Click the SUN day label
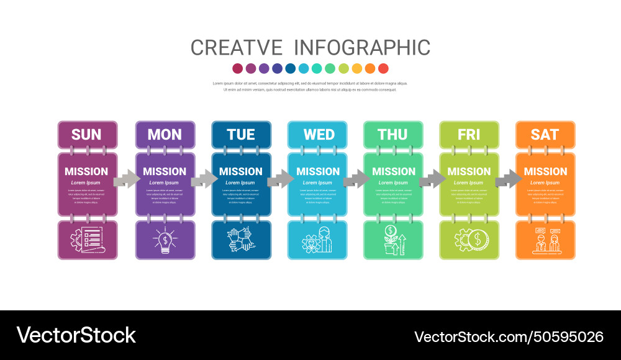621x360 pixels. (x=86, y=135)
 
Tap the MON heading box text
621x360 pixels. (x=165, y=135)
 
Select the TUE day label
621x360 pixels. (x=241, y=135)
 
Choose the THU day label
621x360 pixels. (x=392, y=135)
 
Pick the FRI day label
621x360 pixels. (x=469, y=135)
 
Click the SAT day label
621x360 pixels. (x=545, y=135)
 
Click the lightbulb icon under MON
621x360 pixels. (x=165, y=240)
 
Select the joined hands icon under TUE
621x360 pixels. (x=241, y=240)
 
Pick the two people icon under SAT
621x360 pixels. (x=546, y=240)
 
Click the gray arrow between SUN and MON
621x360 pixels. (x=127, y=180)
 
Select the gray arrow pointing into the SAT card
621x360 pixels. (x=508, y=180)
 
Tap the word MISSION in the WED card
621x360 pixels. (x=318, y=171)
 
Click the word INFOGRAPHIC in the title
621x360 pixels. (x=362, y=48)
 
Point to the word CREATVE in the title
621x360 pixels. (x=236, y=48)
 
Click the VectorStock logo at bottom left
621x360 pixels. (x=76, y=335)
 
